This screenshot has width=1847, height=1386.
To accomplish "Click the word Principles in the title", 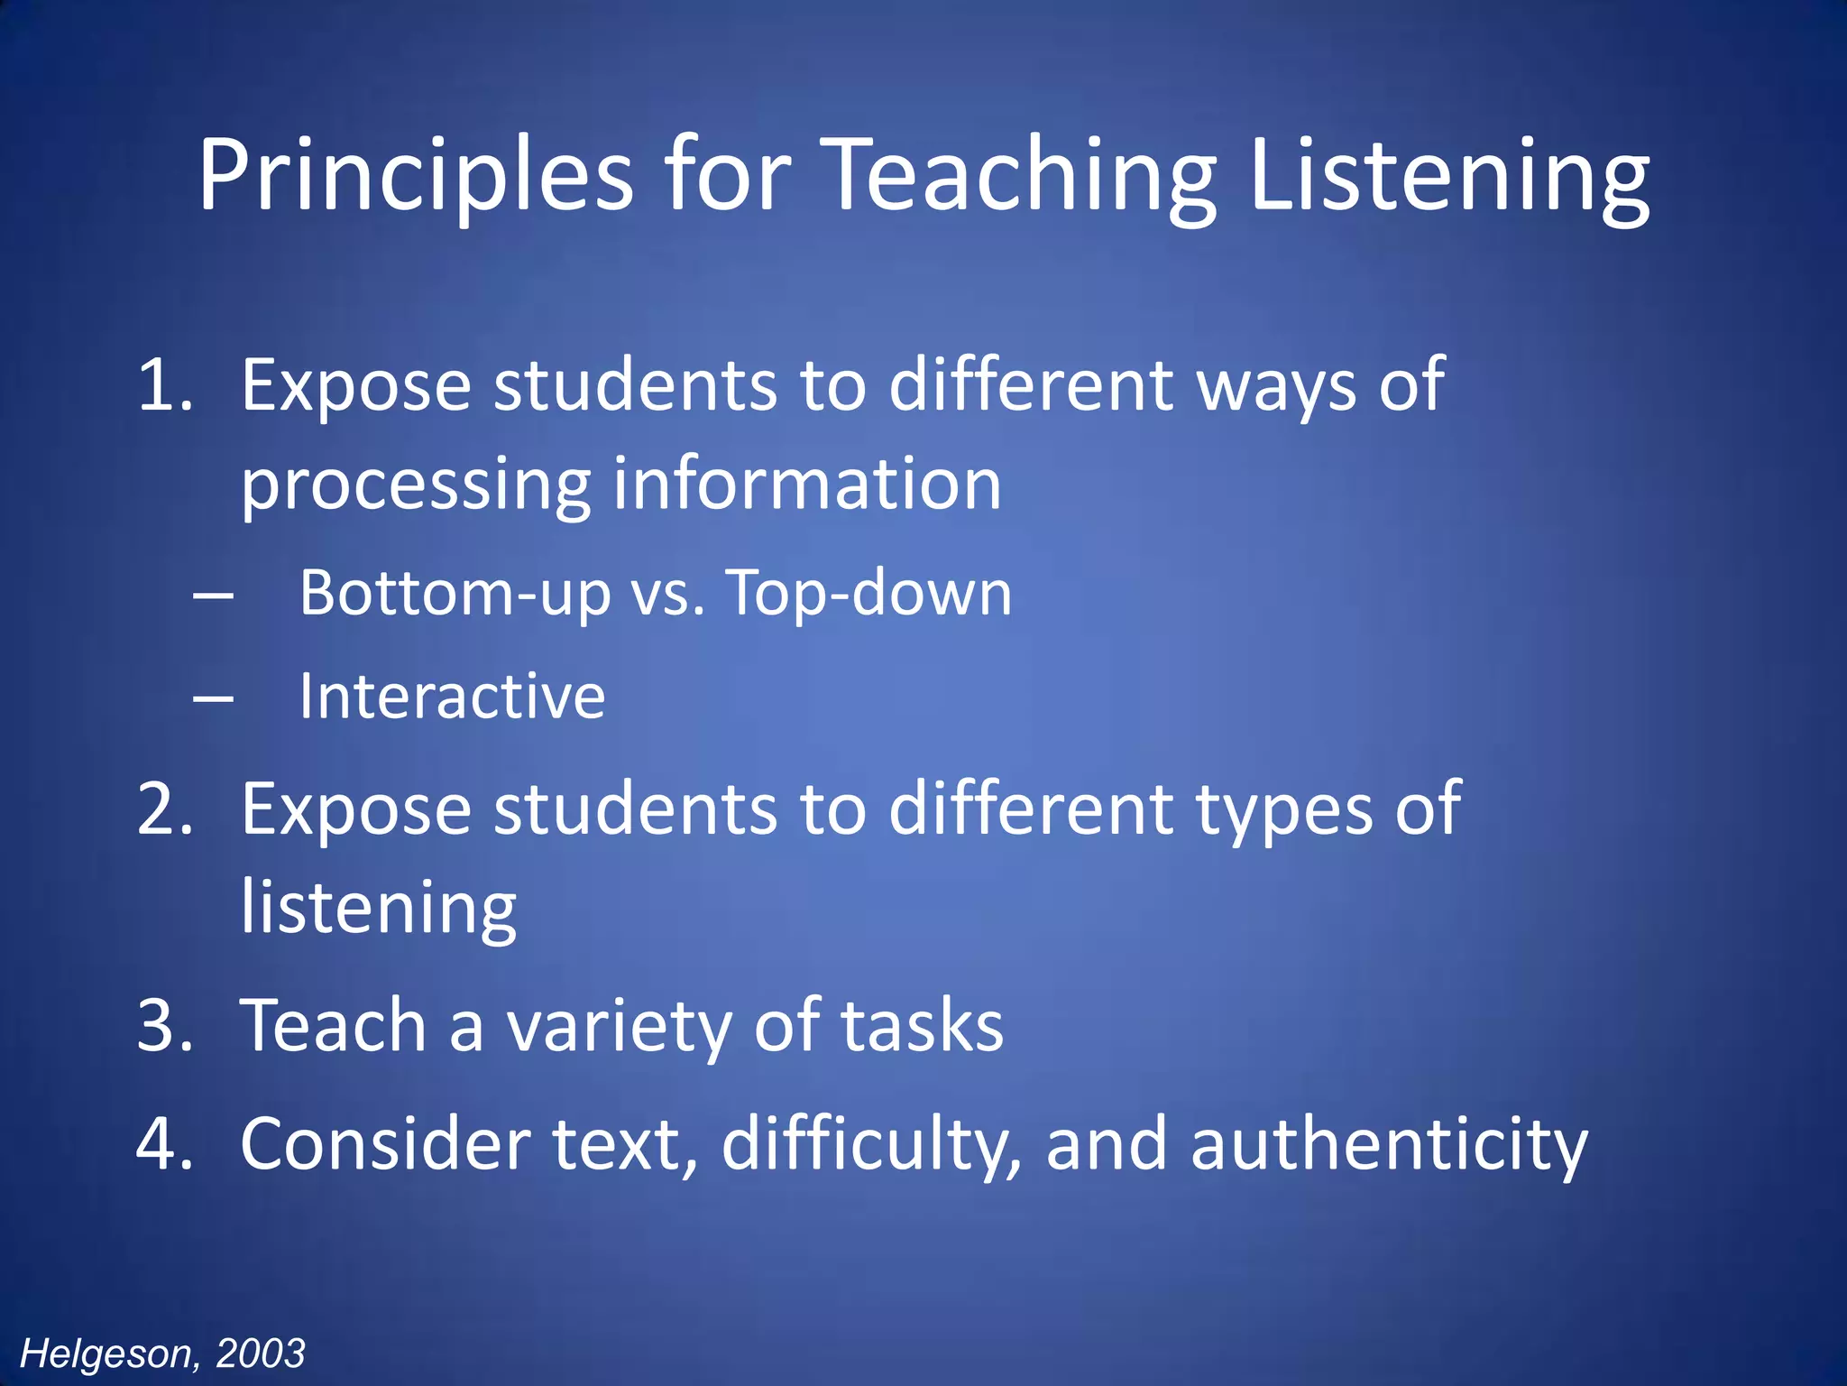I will tap(416, 175).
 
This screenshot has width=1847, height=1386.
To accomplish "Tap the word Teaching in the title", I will tap(1020, 175).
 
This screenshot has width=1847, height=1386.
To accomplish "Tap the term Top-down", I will tap(869, 594).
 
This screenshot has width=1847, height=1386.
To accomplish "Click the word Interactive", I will tap(452, 697).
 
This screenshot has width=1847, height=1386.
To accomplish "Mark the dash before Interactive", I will tap(214, 698).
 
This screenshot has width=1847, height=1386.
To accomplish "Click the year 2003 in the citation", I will tap(261, 1354).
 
